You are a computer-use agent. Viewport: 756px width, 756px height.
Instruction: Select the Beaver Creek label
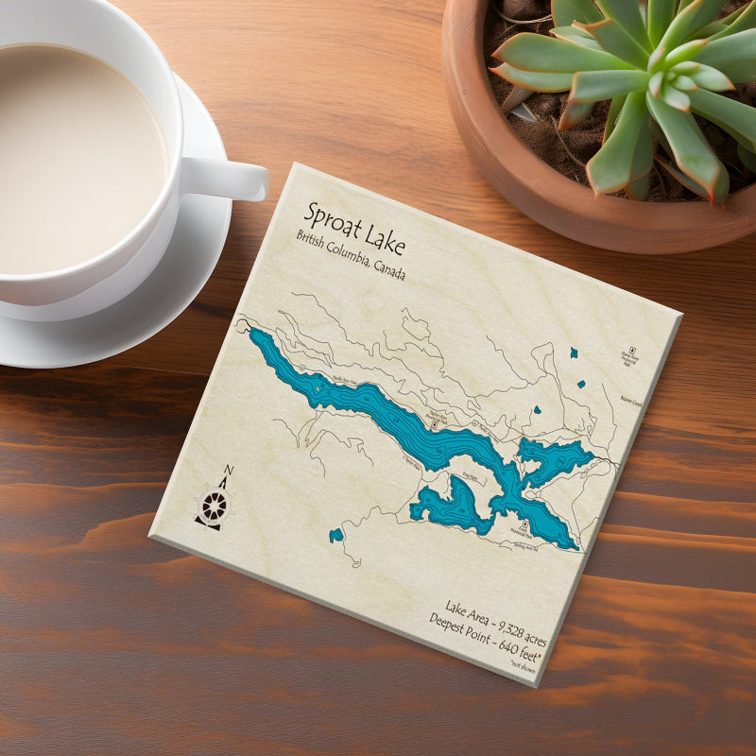632,401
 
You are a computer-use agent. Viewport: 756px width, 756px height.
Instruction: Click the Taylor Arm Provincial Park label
436,418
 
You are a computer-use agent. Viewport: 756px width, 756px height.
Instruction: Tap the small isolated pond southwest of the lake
335,536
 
